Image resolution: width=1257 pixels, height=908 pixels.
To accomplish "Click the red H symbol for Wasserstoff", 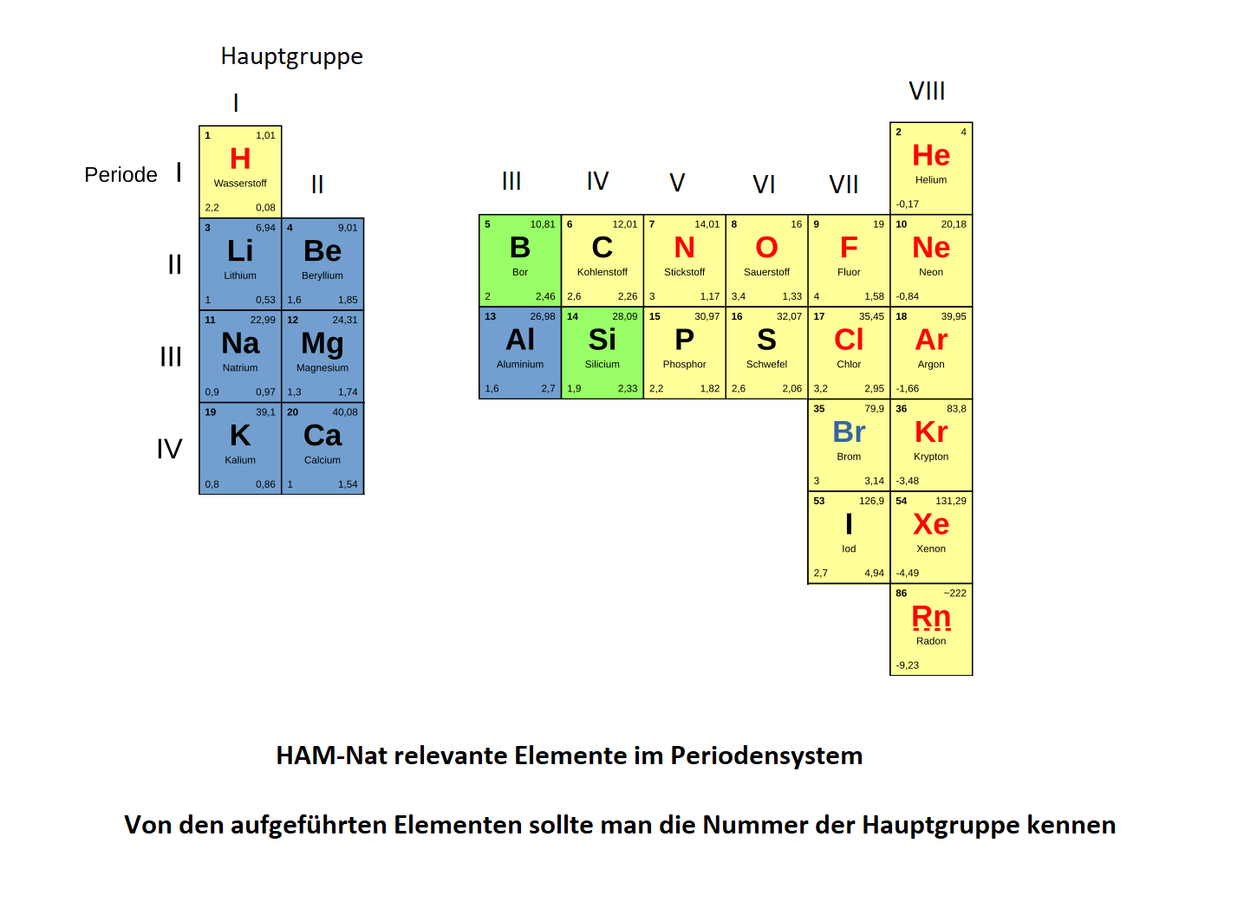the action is pyautogui.click(x=240, y=159).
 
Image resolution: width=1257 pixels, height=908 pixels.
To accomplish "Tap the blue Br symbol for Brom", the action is pyautogui.click(x=849, y=431).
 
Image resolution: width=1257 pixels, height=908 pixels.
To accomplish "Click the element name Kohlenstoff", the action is pyautogui.click(x=602, y=272).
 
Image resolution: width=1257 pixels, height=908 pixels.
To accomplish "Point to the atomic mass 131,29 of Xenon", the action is pyautogui.click(x=951, y=501).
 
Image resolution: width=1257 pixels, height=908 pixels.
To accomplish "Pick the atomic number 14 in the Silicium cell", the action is pyautogui.click(x=572, y=316).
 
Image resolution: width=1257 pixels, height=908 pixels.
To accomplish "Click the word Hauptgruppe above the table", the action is pyautogui.click(x=292, y=56).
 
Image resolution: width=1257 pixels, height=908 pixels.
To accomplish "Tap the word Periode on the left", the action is pyautogui.click(x=120, y=175).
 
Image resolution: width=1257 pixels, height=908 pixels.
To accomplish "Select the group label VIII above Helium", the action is pyautogui.click(x=927, y=91).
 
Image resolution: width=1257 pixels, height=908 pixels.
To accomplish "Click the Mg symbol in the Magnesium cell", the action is pyautogui.click(x=322, y=343).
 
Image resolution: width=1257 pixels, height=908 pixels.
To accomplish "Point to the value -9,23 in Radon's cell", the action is pyautogui.click(x=908, y=665).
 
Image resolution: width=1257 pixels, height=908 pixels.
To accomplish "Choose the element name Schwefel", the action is pyautogui.click(x=766, y=364).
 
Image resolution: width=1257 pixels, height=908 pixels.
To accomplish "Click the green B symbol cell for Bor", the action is pyautogui.click(x=520, y=261).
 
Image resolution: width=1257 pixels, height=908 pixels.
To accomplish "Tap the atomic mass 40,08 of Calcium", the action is pyautogui.click(x=344, y=412).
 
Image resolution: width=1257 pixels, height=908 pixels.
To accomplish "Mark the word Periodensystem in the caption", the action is pyautogui.click(x=766, y=756).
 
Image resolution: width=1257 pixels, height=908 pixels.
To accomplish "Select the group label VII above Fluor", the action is pyautogui.click(x=843, y=185).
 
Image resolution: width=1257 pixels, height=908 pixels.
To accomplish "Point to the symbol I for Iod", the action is pyautogui.click(x=849, y=524).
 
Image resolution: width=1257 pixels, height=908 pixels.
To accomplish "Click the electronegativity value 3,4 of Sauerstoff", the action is pyautogui.click(x=739, y=296).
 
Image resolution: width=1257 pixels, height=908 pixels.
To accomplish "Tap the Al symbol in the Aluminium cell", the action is pyautogui.click(x=520, y=340).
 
